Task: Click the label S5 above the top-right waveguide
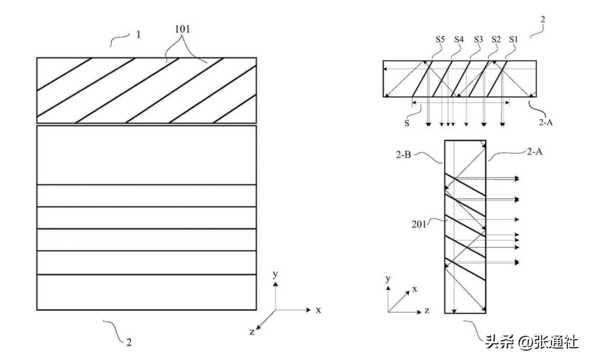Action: click(440, 39)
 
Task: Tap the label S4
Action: click(458, 39)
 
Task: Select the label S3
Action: click(478, 39)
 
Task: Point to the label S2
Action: click(496, 39)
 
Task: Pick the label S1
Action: click(513, 39)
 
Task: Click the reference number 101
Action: click(182, 29)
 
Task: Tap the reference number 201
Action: click(419, 224)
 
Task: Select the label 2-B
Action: click(403, 154)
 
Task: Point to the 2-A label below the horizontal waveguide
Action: click(546, 122)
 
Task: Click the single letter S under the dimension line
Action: click(407, 122)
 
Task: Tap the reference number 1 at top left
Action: click(138, 35)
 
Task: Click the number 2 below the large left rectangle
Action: click(129, 342)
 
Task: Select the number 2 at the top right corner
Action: click(542, 19)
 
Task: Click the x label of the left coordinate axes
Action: click(318, 310)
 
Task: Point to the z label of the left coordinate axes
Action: click(252, 332)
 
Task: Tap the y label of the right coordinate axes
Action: click(388, 279)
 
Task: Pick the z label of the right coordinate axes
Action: click(427, 310)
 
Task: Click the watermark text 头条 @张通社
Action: click(531, 343)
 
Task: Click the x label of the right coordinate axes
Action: click(415, 288)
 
